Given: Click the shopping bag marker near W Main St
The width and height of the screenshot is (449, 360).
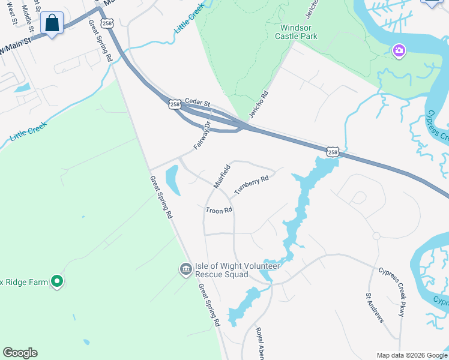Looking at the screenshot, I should click(52, 24).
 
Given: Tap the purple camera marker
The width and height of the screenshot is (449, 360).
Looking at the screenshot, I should click(399, 51).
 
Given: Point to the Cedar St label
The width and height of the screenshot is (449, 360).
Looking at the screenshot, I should click(197, 102).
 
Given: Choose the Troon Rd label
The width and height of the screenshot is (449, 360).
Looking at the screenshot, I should click(218, 211).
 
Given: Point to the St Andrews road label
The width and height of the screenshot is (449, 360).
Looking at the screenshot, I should click(375, 308).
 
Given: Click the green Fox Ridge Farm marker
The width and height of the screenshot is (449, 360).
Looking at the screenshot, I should click(56, 280).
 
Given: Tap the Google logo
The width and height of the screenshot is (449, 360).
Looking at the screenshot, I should click(20, 353).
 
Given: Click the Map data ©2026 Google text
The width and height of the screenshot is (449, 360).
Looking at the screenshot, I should click(412, 355).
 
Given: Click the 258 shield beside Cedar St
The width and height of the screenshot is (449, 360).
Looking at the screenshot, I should click(175, 104).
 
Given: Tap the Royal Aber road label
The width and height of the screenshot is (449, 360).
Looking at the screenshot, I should click(262, 343).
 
